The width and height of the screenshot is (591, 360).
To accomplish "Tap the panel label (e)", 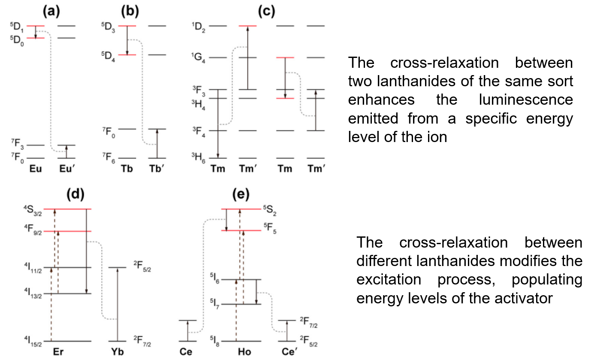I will click(x=241, y=194).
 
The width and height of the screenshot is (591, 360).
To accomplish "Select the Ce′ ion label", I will click(x=288, y=351).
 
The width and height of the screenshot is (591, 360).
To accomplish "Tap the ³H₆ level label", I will click(x=198, y=160).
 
